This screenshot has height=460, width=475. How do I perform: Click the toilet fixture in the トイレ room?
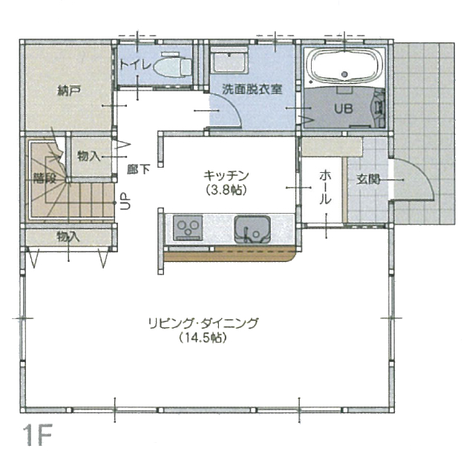[x=173, y=65]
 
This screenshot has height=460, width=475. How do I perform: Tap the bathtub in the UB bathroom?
[x=344, y=65]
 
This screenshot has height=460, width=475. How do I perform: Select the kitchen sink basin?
[x=252, y=229]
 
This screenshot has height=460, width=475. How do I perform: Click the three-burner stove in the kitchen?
[x=188, y=228]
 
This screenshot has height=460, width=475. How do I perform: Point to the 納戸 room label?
[x=69, y=91]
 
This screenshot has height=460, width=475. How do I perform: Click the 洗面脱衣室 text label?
[x=252, y=89]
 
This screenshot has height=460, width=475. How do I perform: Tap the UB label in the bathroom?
[x=344, y=108]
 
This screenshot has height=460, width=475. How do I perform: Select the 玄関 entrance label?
[x=368, y=180]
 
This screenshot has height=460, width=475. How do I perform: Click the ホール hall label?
[x=325, y=187]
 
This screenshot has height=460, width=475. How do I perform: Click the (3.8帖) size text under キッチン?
[x=226, y=190]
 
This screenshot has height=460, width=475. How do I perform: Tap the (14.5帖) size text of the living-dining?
[x=203, y=338]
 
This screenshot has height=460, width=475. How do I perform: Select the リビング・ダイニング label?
[x=203, y=323]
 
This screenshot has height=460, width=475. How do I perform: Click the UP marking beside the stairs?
[x=125, y=201]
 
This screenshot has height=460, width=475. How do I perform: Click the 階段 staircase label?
[x=45, y=178]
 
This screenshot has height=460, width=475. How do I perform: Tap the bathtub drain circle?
[x=344, y=73]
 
